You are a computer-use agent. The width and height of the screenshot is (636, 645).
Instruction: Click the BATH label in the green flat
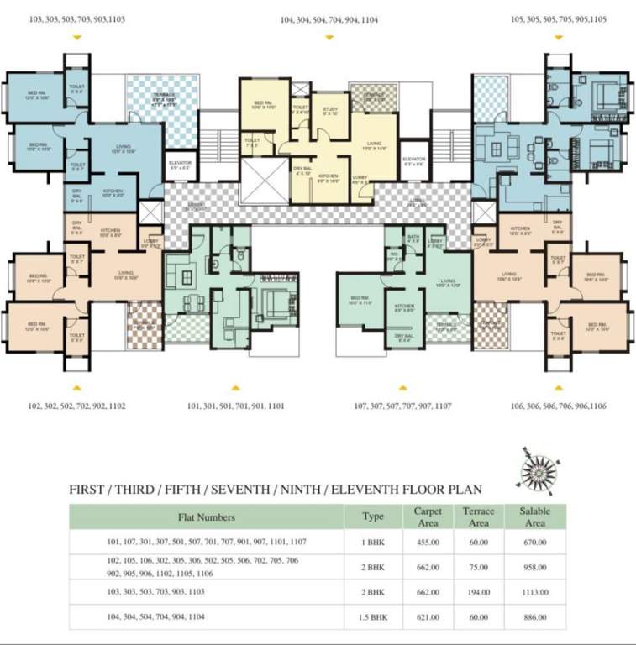click(x=413, y=238)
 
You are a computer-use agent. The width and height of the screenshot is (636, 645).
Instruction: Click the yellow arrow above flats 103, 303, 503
click(x=77, y=37)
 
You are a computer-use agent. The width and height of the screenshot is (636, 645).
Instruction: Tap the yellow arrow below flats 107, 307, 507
click(x=403, y=388)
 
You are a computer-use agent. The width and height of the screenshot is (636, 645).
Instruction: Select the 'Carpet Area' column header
click(x=428, y=516)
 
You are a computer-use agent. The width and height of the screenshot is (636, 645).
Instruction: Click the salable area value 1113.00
click(x=534, y=592)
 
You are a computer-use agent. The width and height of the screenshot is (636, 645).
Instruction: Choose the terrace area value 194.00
click(x=478, y=592)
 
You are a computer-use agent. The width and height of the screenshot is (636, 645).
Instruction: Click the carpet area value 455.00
click(x=428, y=542)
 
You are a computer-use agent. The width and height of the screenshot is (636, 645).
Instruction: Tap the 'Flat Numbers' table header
click(x=207, y=517)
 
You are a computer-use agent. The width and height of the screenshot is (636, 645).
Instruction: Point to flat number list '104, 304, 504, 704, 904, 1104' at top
click(x=323, y=18)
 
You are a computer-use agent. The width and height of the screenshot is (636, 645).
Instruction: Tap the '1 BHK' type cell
click(x=372, y=542)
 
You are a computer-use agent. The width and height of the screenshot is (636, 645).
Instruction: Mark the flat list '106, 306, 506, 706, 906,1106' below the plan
click(x=558, y=406)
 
